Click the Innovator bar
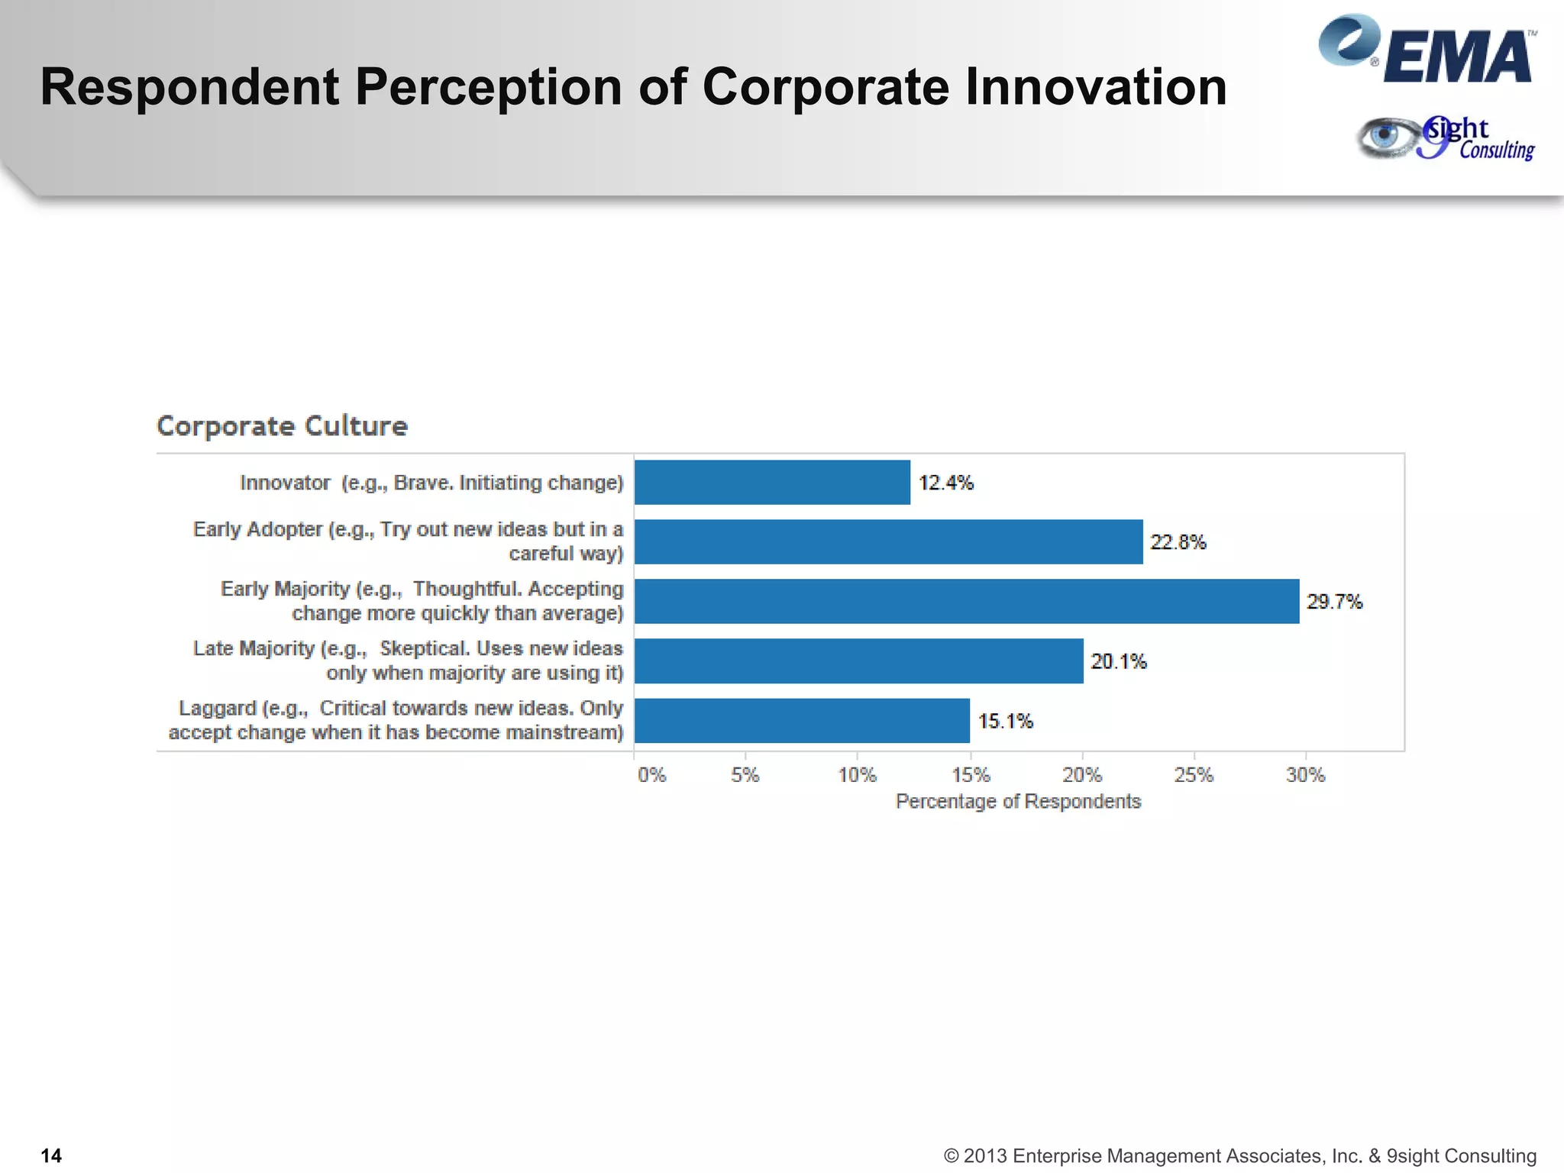pyautogui.click(x=772, y=482)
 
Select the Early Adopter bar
pyautogui.click(x=888, y=541)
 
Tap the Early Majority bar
pyautogui.click(x=966, y=601)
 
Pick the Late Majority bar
pyautogui.click(x=858, y=661)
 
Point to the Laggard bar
pyautogui.click(x=802, y=720)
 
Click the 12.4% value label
pyautogui.click(x=945, y=483)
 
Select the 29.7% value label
pyautogui.click(x=1334, y=602)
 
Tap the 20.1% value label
pyautogui.click(x=1118, y=661)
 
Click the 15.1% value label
pyautogui.click(x=1005, y=721)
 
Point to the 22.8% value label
pyautogui.click(x=1178, y=542)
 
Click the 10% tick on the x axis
pyautogui.click(x=857, y=775)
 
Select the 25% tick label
pyautogui.click(x=1194, y=775)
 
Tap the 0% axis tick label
pyautogui.click(x=651, y=775)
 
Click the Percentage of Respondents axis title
pyautogui.click(x=1018, y=801)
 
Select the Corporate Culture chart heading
pyautogui.click(x=282, y=425)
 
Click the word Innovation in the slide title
pyautogui.click(x=1095, y=86)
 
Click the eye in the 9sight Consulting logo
pyautogui.click(x=1385, y=137)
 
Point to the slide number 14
pyautogui.click(x=51, y=1155)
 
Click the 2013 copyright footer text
pyautogui.click(x=1239, y=1155)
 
